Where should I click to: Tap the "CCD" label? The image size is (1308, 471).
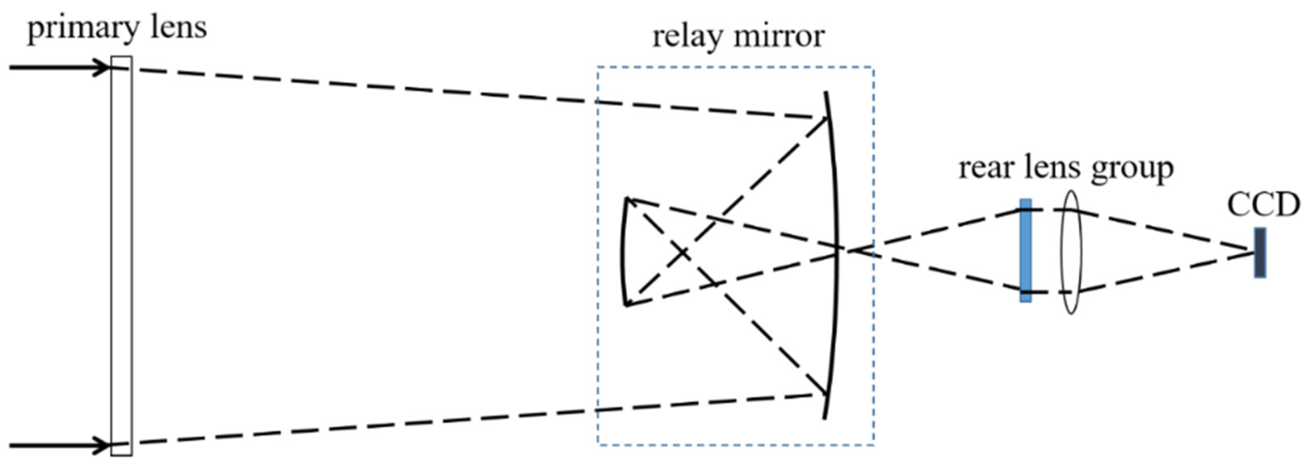click(x=1263, y=205)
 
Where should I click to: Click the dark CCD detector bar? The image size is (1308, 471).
click(x=1260, y=253)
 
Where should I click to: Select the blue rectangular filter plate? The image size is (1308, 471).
click(x=1026, y=250)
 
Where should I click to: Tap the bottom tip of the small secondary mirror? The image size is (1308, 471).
click(x=626, y=305)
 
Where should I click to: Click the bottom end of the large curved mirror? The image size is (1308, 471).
click(x=824, y=418)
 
